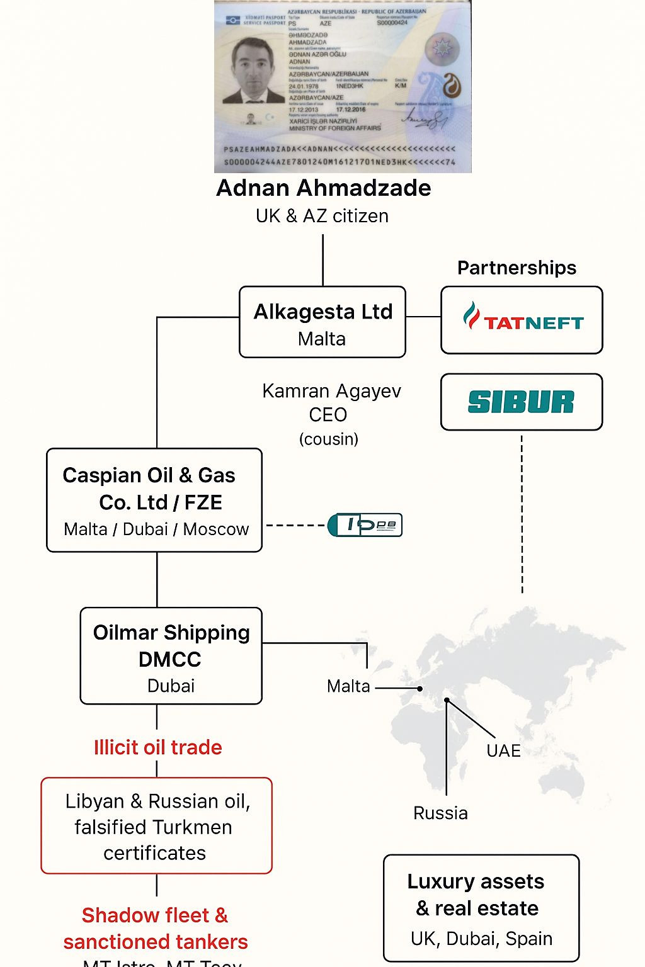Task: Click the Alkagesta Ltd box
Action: pos(322,322)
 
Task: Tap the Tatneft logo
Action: pos(522,320)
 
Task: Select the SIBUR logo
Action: pos(522,402)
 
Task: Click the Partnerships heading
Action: pos(517,268)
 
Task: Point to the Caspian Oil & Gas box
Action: pos(154,500)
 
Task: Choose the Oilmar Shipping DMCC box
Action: pos(171,656)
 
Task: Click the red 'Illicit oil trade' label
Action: pos(157,747)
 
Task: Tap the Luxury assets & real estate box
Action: pos(481,908)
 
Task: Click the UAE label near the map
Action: pos(503,750)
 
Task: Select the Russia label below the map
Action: pos(440,813)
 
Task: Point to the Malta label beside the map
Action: pos(348,686)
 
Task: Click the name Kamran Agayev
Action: pos(331,391)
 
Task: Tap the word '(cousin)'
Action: pos(328,439)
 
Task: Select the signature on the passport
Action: pos(423,118)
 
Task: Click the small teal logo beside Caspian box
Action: pos(365,525)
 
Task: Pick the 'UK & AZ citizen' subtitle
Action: pos(322,216)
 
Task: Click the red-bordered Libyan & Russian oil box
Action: pos(156,826)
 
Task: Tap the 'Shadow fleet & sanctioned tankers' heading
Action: pos(155,928)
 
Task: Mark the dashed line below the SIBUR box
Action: pos(522,513)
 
